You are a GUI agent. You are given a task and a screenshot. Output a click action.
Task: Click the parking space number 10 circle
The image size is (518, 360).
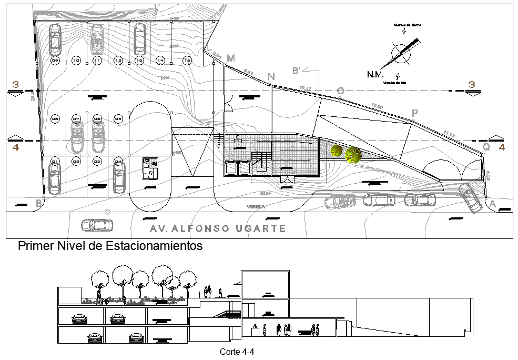click(76, 62)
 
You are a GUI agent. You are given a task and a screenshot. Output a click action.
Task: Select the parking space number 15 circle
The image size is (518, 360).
click(187, 62)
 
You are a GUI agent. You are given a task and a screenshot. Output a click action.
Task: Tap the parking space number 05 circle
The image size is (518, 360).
click(118, 119)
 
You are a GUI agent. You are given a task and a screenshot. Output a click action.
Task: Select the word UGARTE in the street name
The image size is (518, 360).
click(265, 229)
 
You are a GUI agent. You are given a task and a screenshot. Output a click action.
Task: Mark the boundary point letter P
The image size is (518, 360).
click(415, 113)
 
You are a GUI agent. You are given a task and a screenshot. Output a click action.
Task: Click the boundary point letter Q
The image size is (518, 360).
click(487, 148)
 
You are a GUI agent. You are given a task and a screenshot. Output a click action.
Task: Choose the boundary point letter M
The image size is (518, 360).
click(230, 58)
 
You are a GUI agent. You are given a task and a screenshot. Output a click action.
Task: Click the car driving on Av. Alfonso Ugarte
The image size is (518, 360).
click(97, 225)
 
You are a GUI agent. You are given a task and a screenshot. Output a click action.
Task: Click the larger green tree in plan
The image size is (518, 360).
click(353, 154)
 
